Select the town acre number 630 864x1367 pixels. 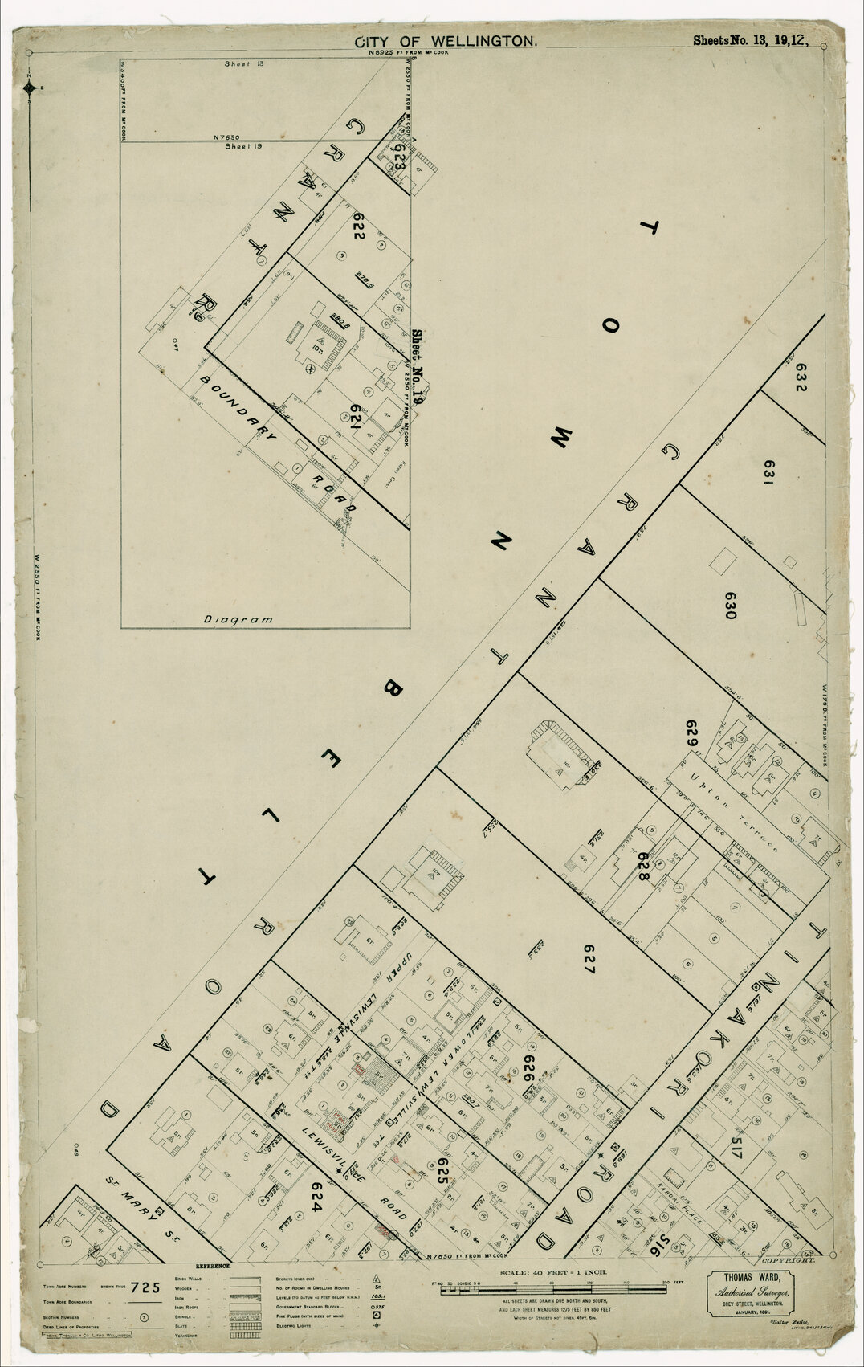729,605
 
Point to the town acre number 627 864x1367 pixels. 588,958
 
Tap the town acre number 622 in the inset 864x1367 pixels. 357,233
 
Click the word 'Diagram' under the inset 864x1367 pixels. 238,619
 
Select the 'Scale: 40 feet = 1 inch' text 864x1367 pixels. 554,1273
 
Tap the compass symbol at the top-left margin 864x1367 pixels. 30,88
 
